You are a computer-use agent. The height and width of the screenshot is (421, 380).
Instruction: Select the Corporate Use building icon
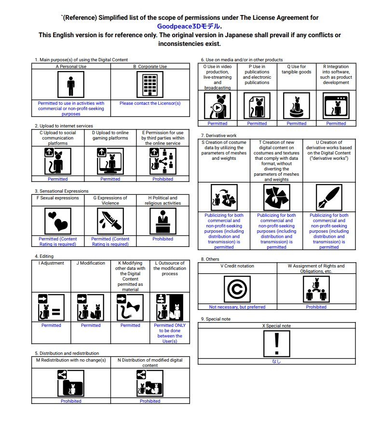coord(150,85)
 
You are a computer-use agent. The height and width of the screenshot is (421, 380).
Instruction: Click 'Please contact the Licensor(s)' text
coord(150,103)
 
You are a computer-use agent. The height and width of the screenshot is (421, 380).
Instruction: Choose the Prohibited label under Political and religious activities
coord(163,239)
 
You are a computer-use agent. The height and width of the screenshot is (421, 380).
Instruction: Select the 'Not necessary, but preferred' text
coord(237,307)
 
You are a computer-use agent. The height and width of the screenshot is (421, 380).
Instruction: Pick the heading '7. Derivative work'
coord(219,136)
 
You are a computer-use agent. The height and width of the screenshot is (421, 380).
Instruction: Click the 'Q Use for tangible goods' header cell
coord(296,70)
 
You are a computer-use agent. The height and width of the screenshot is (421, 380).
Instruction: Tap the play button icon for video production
coord(217,107)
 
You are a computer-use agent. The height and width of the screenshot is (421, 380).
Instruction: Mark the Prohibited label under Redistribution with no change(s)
coord(71,401)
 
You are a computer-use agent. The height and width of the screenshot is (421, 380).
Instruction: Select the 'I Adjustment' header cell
coord(51,264)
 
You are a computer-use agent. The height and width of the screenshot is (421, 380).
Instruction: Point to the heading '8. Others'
coord(210,259)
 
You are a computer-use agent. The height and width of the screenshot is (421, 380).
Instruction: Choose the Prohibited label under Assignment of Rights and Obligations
coord(316,307)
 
